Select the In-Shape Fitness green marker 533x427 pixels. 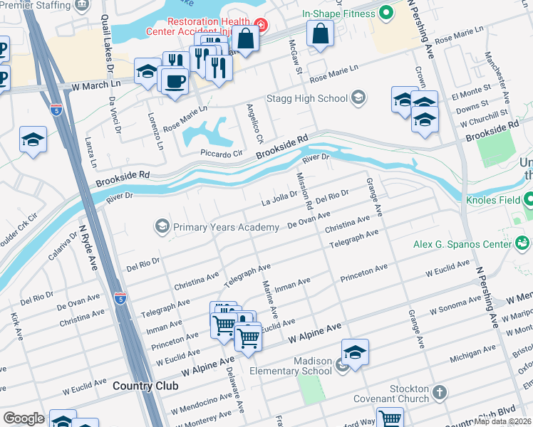pos(387,12)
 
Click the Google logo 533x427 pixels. pos(24,418)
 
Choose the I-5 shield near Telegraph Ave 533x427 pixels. pos(122,297)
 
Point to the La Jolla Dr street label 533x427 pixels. pos(280,196)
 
